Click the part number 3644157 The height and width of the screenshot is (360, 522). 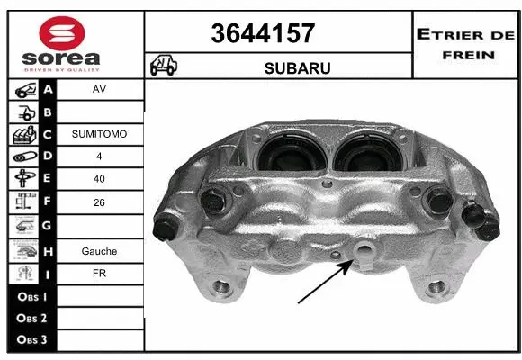pyautogui.click(x=263, y=33)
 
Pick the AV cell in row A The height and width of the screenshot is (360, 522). pyautogui.click(x=100, y=91)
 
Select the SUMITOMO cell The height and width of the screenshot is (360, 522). pyautogui.click(x=100, y=134)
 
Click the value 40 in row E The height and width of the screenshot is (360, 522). pyautogui.click(x=100, y=179)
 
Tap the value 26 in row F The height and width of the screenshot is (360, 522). pyautogui.click(x=100, y=203)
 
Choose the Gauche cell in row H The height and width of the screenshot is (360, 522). pyautogui.click(x=100, y=251)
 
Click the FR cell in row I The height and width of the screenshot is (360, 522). pyautogui.click(x=100, y=274)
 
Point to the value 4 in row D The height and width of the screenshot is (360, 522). pyautogui.click(x=100, y=157)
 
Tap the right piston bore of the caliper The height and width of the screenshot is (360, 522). pyautogui.click(x=366, y=148)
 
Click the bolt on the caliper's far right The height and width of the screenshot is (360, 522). pyautogui.click(x=486, y=227)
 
